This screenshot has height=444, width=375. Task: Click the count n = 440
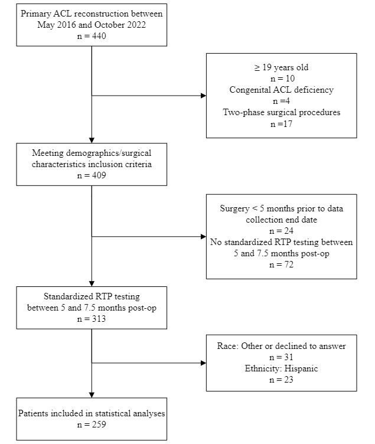pos(92,36)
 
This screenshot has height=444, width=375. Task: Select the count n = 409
pos(92,175)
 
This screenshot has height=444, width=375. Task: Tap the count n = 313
pos(92,319)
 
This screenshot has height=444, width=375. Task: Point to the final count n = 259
pos(92,425)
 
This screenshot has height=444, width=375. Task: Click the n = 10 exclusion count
pos(282,79)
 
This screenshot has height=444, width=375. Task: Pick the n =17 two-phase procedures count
pos(281,124)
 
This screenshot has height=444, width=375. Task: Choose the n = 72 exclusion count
pos(281,265)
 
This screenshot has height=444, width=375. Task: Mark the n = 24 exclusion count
pos(281,231)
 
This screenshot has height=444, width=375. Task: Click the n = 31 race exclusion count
pos(281,357)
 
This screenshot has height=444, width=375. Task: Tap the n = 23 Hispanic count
pos(281,380)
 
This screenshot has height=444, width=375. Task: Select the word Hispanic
pos(301,368)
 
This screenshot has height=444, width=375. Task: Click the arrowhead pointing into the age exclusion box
pos(203,96)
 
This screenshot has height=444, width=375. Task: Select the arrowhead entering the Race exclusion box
pos(203,363)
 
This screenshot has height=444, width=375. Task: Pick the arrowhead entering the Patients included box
pos(92,395)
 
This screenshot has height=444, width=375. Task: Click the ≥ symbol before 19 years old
pos(257,68)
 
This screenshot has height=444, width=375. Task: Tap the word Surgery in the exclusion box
pos(234,208)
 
